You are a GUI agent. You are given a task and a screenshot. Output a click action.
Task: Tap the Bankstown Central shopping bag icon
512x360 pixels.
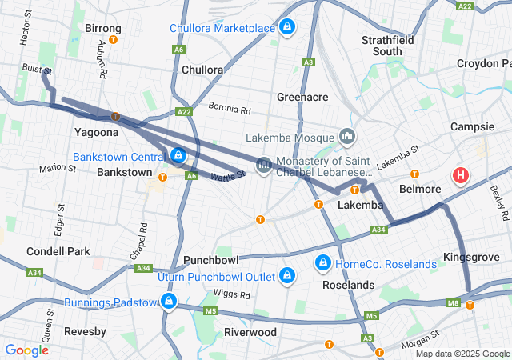(x=178, y=154)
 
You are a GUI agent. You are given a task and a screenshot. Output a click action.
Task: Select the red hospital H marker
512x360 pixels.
(x=462, y=175)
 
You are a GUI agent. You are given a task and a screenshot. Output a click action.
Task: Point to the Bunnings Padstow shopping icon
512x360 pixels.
(x=168, y=301)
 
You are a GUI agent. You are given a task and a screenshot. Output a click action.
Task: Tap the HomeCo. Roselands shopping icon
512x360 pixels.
(x=323, y=262)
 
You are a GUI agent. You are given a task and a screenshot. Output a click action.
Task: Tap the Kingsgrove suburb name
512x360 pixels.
(x=471, y=258)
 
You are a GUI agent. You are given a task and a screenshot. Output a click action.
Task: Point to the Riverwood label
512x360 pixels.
(x=250, y=332)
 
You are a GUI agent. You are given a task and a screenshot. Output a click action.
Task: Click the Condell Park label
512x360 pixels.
(x=58, y=251)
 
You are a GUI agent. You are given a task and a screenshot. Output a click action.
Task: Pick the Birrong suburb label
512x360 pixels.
(x=102, y=28)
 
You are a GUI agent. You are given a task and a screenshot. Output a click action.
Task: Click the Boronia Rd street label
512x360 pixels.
(x=230, y=107)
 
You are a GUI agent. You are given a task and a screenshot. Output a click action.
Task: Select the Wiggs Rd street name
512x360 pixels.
(x=210, y=293)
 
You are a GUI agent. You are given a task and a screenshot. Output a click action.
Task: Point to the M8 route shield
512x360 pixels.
(x=454, y=302)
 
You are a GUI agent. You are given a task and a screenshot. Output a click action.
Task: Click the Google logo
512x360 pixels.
(x=26, y=350)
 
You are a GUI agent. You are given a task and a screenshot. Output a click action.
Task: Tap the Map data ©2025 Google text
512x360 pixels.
(x=462, y=354)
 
